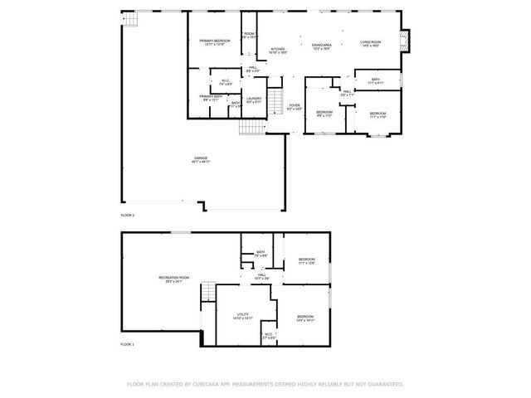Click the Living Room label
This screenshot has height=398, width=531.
(x=370, y=42)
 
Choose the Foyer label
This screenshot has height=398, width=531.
(x=294, y=106)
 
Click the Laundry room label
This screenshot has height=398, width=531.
(x=254, y=99)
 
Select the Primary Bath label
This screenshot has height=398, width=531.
(x=210, y=97)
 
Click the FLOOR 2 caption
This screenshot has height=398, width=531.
(x=127, y=215)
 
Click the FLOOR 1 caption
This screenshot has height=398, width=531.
(x=127, y=343)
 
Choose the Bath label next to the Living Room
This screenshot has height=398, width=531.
(x=376, y=80)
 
